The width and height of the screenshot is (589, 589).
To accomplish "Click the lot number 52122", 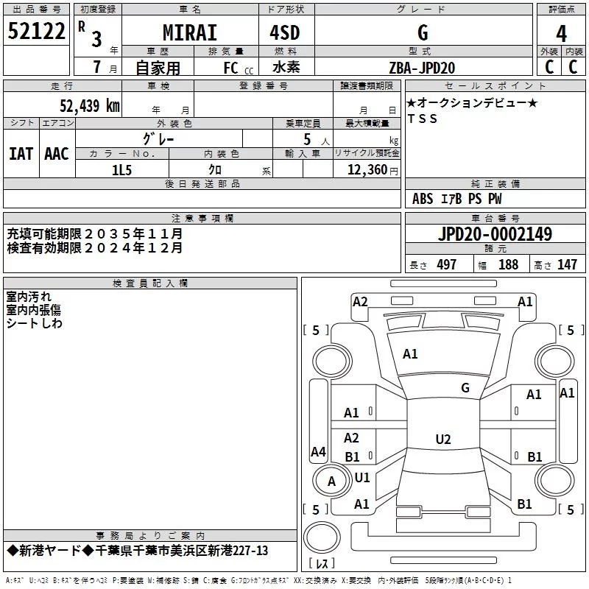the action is click(x=36, y=31).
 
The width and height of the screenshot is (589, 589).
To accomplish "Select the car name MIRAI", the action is click(x=190, y=32).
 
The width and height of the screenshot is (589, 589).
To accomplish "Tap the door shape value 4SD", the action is click(x=285, y=32).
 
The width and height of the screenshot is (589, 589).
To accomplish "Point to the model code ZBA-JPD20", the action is click(x=422, y=68).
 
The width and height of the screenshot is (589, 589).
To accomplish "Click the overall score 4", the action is click(x=561, y=34).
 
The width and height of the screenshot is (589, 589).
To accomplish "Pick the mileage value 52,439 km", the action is click(x=90, y=106).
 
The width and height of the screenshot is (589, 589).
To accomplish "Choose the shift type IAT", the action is click(x=21, y=154).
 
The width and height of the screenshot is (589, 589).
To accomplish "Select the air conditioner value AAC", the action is click(x=57, y=154).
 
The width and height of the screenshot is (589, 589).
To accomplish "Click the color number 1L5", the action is click(x=122, y=170).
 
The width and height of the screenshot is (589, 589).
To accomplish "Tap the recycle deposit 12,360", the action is click(x=367, y=170).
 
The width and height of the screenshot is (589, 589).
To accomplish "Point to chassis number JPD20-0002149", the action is click(x=495, y=233).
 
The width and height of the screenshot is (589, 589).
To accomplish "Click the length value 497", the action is click(x=447, y=264).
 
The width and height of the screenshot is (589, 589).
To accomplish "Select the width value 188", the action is click(x=508, y=264).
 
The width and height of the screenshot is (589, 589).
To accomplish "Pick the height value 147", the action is click(x=567, y=264).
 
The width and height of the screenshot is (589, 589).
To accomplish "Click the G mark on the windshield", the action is click(x=465, y=388).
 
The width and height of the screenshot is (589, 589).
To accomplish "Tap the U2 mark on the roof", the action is click(x=443, y=439).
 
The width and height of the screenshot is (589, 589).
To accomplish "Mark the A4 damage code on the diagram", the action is click(x=318, y=451).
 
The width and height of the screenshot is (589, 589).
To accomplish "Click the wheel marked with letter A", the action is click(x=331, y=482).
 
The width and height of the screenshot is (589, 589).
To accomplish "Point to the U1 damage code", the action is click(x=362, y=477).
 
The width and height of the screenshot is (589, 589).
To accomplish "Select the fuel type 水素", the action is click(x=286, y=67).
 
